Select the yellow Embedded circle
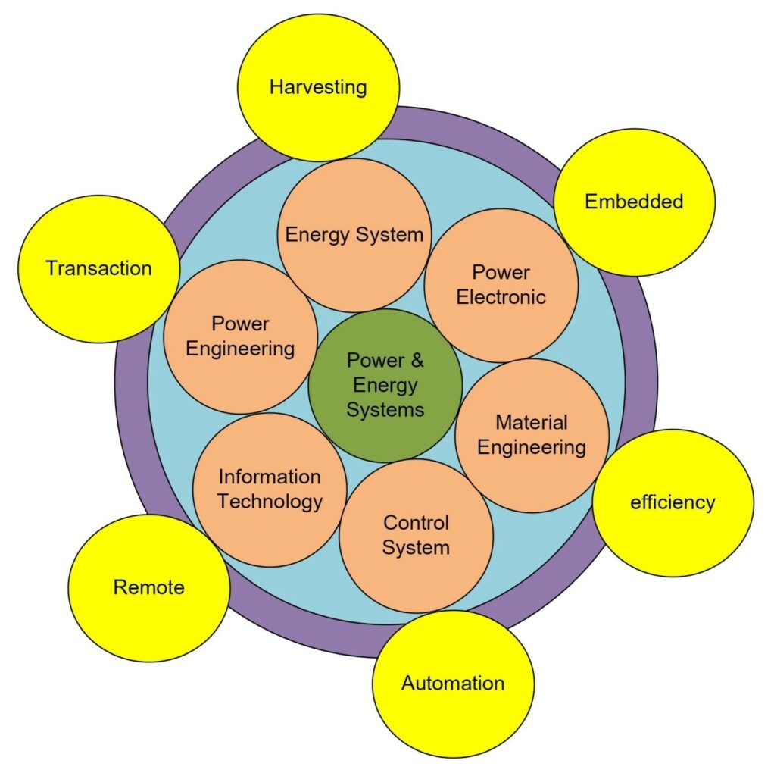(x=634, y=202)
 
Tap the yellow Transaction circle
(x=98, y=268)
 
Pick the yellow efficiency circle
(x=673, y=502)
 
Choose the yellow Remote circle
(x=148, y=587)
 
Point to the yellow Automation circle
(x=453, y=684)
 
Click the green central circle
(x=385, y=385)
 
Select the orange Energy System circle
(x=354, y=235)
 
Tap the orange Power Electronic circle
(x=501, y=285)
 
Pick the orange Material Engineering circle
(x=532, y=435)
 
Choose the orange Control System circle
(x=416, y=535)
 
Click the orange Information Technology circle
(x=270, y=490)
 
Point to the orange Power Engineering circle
(x=240, y=336)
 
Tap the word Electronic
(x=501, y=297)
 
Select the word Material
(x=532, y=422)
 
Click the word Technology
(x=270, y=502)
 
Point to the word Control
(x=416, y=523)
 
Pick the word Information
(x=270, y=477)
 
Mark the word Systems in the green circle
(x=385, y=410)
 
